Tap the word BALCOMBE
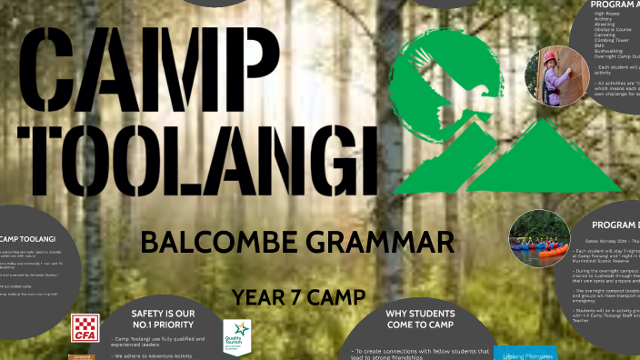point(219,243)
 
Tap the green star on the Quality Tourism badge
point(237,328)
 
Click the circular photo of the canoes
point(539,238)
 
